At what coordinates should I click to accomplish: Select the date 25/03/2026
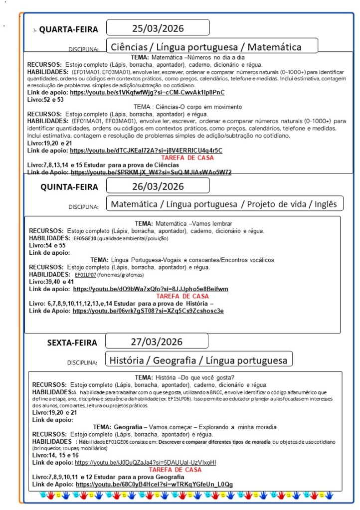point(158,27)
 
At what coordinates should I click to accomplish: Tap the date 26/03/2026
point(158,186)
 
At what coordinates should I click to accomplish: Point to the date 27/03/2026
point(157,341)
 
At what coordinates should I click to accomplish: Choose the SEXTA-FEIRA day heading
point(72,342)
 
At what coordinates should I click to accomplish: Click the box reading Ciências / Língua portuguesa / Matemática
point(205,47)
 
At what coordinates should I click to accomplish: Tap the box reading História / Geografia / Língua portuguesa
point(198,359)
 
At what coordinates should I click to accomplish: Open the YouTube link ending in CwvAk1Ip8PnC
point(147,93)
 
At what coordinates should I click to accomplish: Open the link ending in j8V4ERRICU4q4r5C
point(146,150)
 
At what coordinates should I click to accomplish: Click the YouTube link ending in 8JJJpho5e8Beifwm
point(151,289)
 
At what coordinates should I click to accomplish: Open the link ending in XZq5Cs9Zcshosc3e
point(148,311)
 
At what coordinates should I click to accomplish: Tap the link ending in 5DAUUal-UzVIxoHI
point(145,463)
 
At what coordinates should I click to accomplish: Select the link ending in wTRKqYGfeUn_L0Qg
point(154,484)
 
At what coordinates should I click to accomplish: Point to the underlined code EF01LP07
point(85,275)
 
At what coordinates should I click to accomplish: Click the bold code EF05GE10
point(84,238)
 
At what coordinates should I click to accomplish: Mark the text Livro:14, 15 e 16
point(55,455)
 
